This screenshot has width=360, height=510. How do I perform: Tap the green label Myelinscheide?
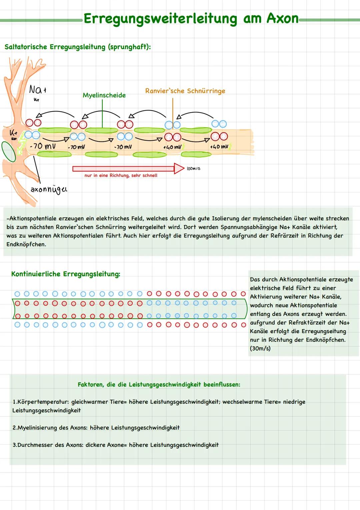point(104,95)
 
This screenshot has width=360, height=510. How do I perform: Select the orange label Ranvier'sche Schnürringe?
point(185,91)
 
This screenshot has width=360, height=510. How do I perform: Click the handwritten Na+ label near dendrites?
point(37,90)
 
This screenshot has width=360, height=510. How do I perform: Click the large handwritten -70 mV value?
point(42,146)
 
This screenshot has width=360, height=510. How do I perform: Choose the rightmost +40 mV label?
point(219,147)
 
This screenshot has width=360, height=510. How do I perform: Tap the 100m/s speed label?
point(193,169)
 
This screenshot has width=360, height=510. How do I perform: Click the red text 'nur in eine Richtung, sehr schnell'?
point(121,176)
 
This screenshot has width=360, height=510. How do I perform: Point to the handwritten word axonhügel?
point(49,190)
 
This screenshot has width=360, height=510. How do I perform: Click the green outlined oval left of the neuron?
point(8,152)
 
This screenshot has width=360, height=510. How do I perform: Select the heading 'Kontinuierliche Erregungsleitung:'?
point(66,274)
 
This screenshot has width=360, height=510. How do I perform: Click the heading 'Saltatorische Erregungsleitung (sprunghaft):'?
point(78,47)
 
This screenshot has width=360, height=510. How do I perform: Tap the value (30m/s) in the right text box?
point(260,348)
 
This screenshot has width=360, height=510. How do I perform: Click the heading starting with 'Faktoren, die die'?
point(159,384)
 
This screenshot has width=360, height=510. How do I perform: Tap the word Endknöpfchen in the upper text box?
point(26,244)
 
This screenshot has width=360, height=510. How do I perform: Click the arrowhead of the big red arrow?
point(179,169)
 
